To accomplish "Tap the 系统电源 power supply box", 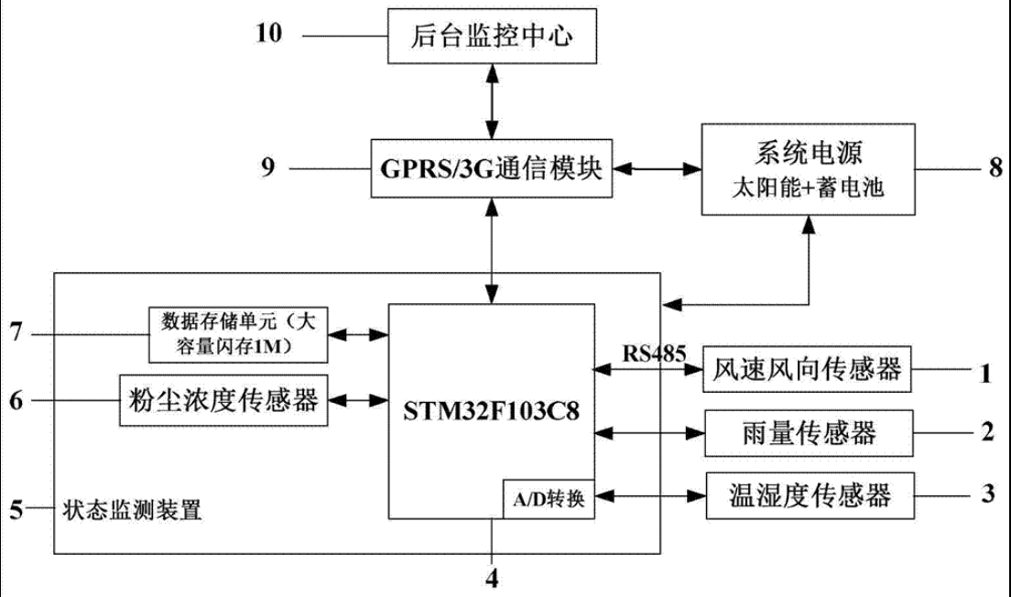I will click(x=806, y=170).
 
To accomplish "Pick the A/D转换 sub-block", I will click(x=548, y=500).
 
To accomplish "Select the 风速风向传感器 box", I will click(x=806, y=370).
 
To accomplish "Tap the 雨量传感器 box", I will click(x=806, y=431).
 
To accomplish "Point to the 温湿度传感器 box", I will click(x=806, y=496).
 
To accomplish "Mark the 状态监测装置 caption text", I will click(x=132, y=510).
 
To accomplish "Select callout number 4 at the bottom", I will click(x=493, y=579).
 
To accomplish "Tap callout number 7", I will click(x=15, y=333).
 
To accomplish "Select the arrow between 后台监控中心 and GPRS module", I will click(x=494, y=101).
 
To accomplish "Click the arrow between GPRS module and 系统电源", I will click(x=656, y=169).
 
